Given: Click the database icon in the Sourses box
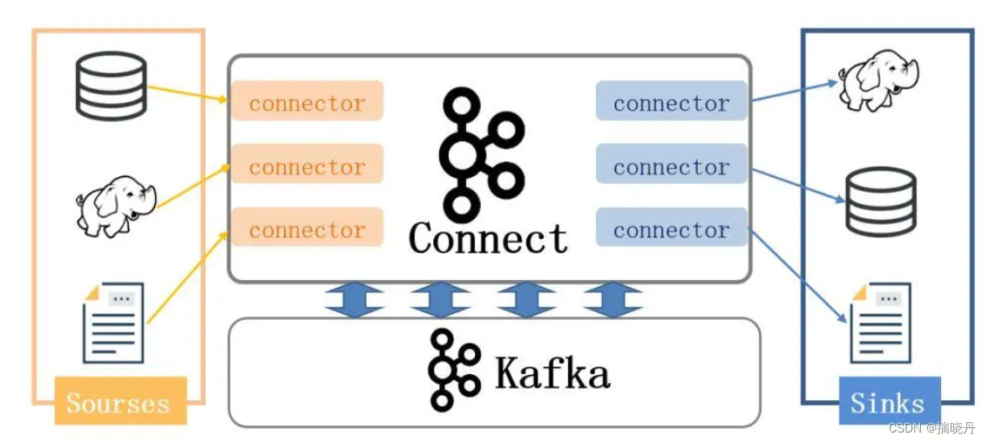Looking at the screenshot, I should click(111, 85).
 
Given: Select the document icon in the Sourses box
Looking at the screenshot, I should click(112, 322).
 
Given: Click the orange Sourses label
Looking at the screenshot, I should click(119, 402).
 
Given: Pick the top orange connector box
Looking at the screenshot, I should click(307, 102).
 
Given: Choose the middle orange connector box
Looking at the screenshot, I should click(307, 166).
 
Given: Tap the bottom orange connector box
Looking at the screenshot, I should click(307, 228).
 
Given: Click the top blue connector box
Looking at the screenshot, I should click(671, 102).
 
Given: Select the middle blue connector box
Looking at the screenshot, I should click(671, 166).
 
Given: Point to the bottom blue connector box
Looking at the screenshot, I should click(671, 228).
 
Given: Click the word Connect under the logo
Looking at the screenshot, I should click(488, 237).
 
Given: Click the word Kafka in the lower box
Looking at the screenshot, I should click(552, 372).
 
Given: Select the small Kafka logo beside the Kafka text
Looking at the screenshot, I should click(454, 370).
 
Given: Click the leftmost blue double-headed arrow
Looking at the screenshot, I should click(355, 299).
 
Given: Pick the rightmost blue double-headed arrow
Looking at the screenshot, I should click(613, 299).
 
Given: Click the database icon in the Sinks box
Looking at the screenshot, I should click(881, 202).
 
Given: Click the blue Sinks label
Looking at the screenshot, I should click(888, 402).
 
